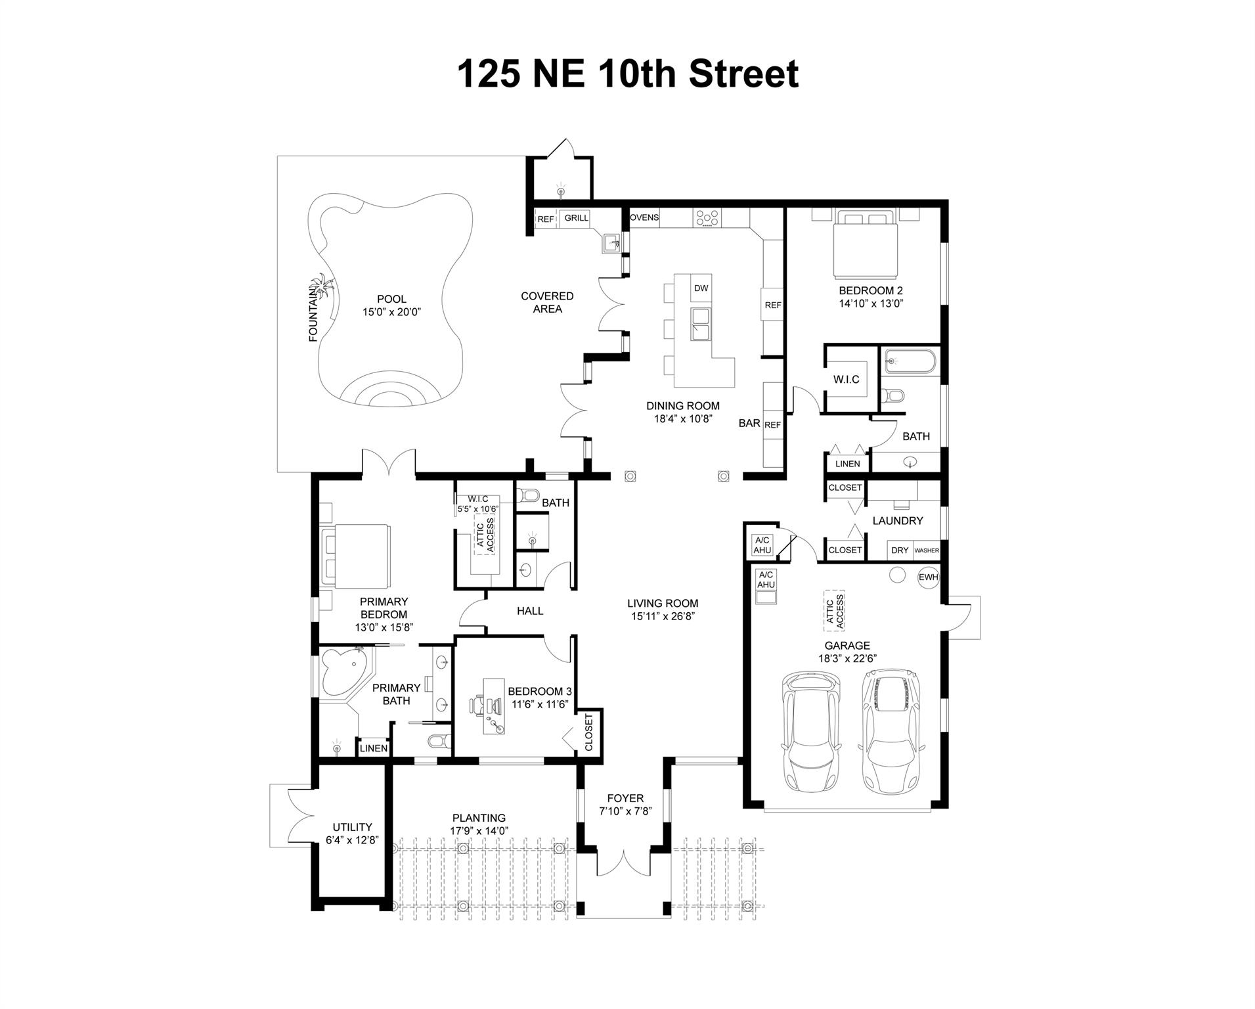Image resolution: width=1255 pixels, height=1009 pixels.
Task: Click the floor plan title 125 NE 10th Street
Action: [627, 74]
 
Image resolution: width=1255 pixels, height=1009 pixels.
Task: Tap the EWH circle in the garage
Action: [928, 577]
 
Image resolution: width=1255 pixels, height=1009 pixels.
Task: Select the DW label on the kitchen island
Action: [701, 288]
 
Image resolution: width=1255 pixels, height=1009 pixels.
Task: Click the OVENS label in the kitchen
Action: [644, 217]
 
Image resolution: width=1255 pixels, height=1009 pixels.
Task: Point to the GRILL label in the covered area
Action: [577, 218]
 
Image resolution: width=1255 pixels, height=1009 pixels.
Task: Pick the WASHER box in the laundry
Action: [927, 550]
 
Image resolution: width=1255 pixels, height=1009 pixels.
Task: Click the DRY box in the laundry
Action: [900, 550]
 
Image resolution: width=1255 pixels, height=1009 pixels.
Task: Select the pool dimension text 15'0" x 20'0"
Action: [391, 312]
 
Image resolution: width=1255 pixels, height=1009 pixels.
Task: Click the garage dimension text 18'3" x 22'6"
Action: [848, 658]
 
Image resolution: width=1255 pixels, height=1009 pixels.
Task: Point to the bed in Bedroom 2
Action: [865, 244]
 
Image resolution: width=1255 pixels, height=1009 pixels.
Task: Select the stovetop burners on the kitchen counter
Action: [707, 218]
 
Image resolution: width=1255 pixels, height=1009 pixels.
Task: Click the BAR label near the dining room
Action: [749, 423]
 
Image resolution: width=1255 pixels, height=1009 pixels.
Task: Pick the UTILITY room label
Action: [352, 827]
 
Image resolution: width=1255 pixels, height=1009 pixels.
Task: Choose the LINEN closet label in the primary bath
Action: [373, 748]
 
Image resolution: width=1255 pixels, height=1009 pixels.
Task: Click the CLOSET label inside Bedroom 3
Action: [589, 732]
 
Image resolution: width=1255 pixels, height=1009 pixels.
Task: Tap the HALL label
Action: [530, 611]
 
